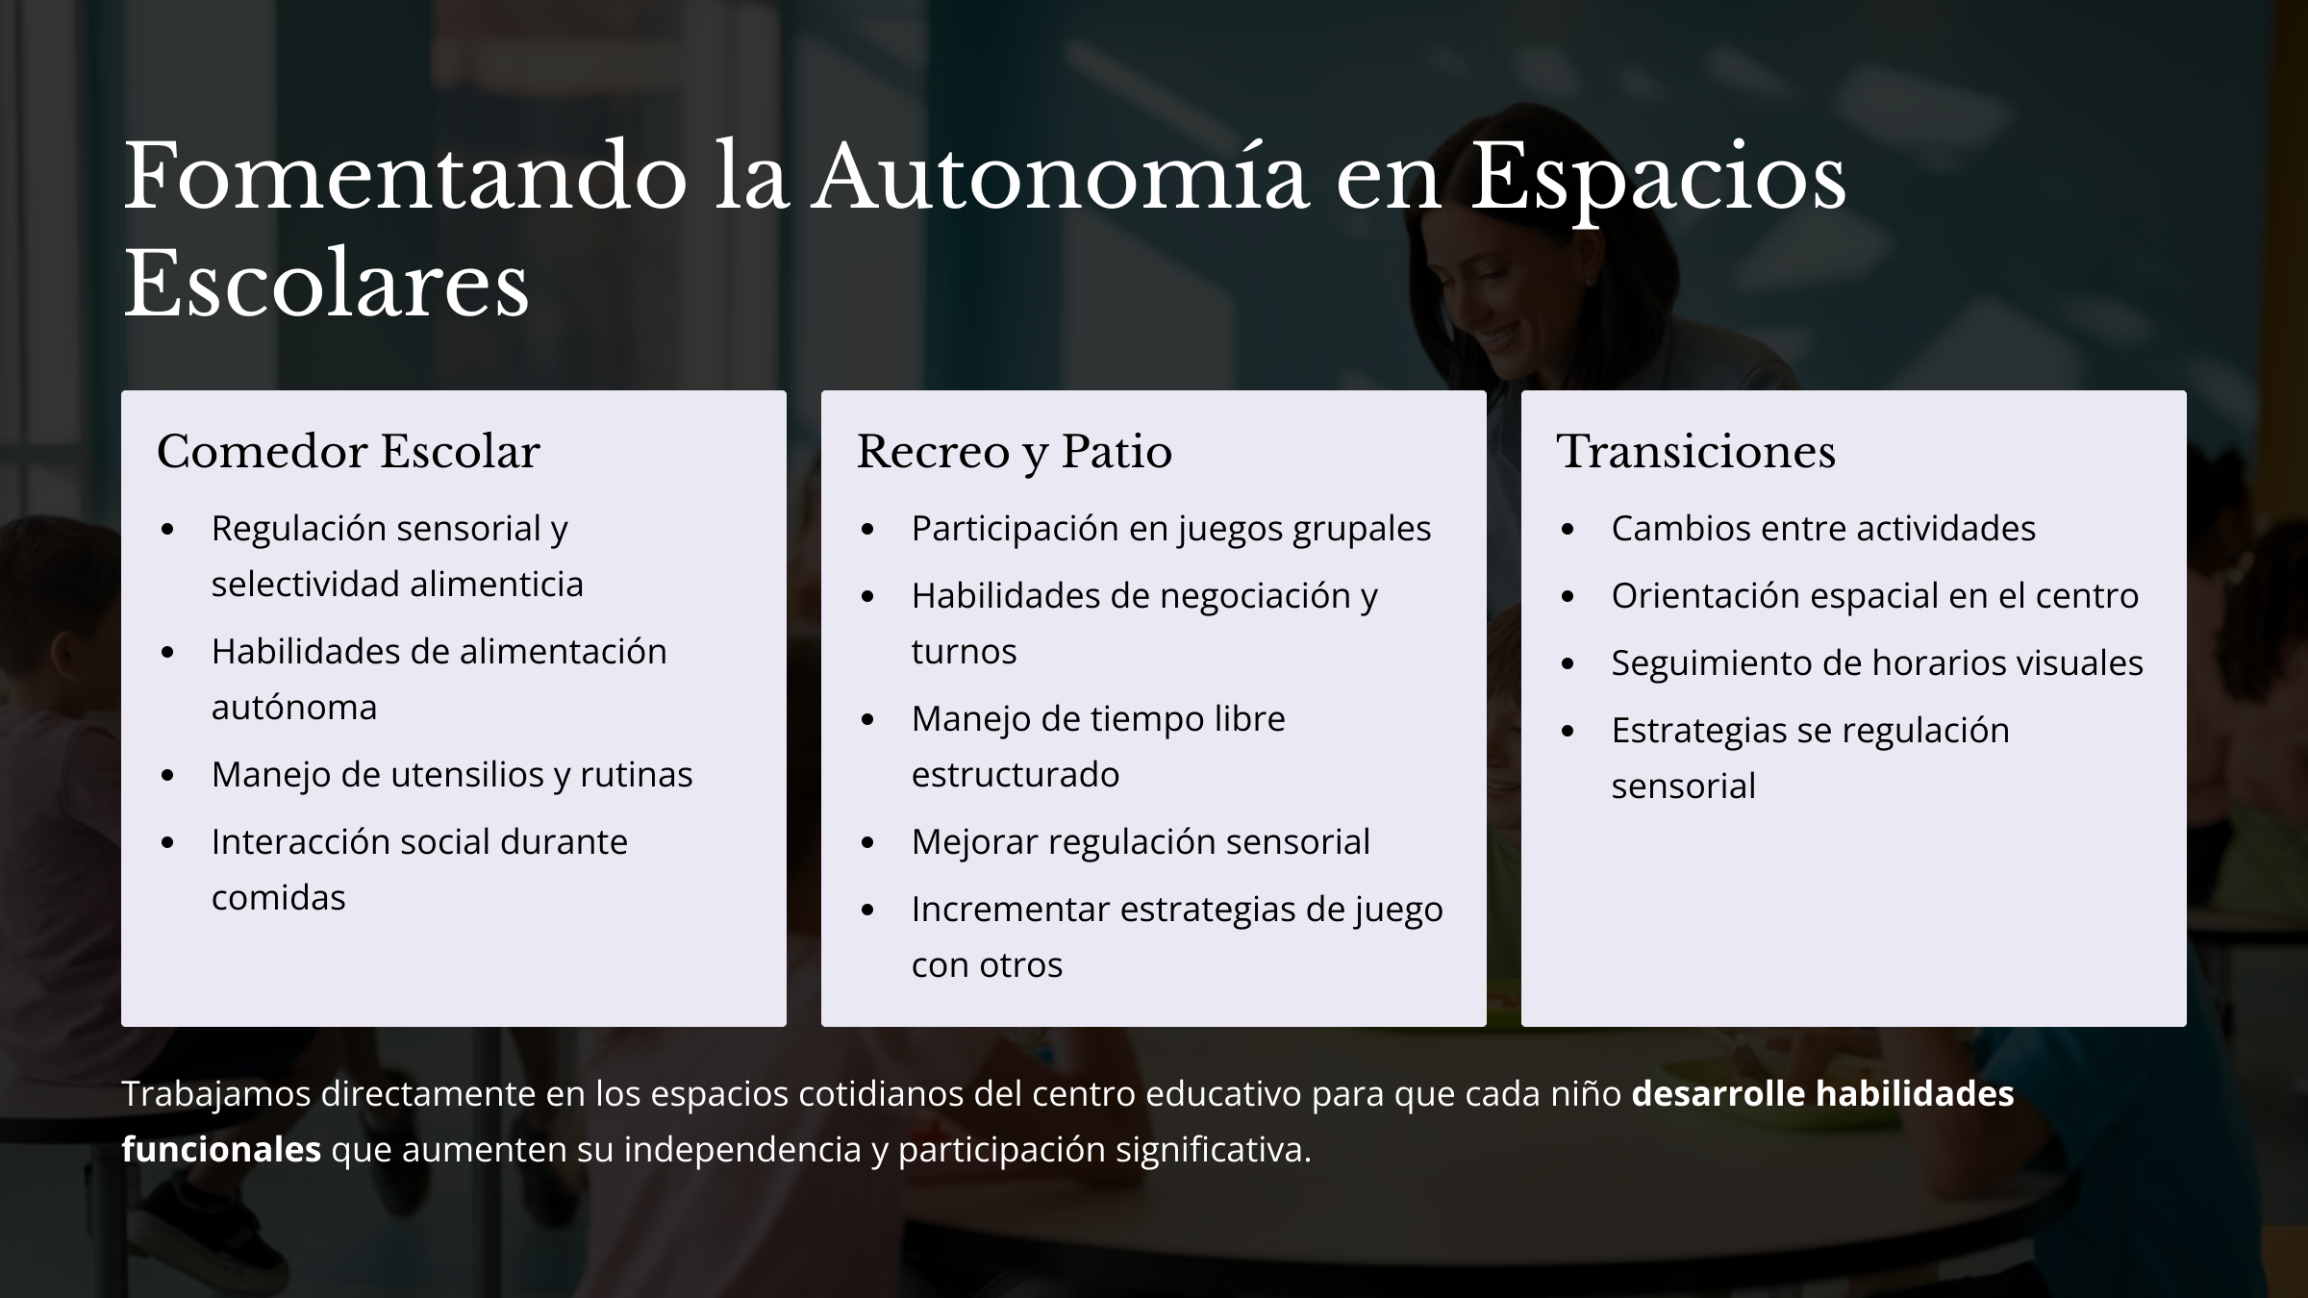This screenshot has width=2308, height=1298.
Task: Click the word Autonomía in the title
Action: tap(1061, 178)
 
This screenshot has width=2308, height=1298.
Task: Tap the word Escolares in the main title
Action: tap(326, 284)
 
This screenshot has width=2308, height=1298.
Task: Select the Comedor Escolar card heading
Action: tap(348, 451)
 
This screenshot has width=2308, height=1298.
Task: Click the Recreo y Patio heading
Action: tap(1015, 452)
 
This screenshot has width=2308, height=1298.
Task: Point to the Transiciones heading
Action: tap(1696, 451)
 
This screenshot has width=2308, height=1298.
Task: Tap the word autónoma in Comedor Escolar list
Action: tap(294, 707)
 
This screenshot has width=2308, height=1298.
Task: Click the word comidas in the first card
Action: tap(278, 897)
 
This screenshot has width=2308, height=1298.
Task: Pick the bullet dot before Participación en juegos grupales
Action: tap(867, 529)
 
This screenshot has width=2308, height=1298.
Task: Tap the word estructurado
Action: tap(1016, 774)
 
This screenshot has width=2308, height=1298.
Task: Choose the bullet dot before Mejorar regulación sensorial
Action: tap(867, 842)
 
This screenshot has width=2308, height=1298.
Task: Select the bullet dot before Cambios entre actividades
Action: tap(1568, 529)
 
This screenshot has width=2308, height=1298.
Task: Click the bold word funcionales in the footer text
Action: tap(221, 1149)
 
